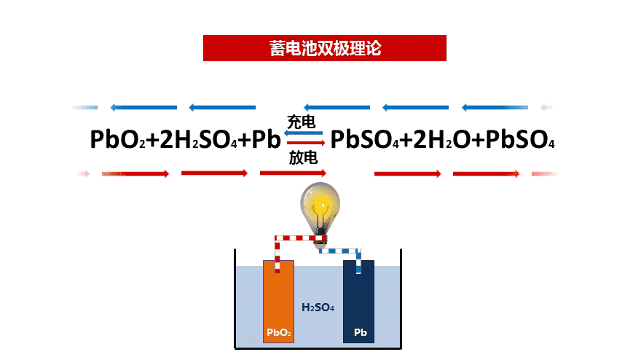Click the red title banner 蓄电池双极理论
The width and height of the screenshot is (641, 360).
pyautogui.click(x=324, y=48)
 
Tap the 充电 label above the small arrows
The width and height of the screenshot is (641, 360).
pyautogui.click(x=302, y=121)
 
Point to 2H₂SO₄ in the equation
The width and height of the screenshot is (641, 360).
pyautogui.click(x=195, y=139)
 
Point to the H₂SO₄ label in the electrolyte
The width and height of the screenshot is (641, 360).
pyautogui.click(x=318, y=308)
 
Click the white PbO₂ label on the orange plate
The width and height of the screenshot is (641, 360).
pyautogui.click(x=278, y=334)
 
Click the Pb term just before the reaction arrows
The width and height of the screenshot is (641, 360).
pyautogui.click(x=265, y=139)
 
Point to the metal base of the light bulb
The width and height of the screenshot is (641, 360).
pyautogui.click(x=321, y=238)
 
